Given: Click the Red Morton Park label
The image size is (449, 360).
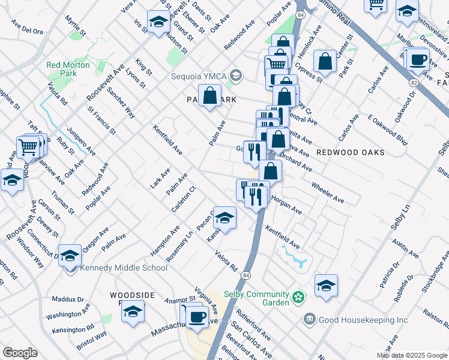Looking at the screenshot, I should pos(68,69).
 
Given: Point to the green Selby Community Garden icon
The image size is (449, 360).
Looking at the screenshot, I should pos(298,296).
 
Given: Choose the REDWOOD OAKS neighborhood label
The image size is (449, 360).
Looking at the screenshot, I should pos(350,152).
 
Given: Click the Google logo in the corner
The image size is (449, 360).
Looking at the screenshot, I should pos(20,353).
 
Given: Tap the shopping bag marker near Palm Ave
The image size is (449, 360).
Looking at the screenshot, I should pos(209,95).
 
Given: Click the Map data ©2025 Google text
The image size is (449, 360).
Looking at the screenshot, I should pos(412,355).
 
